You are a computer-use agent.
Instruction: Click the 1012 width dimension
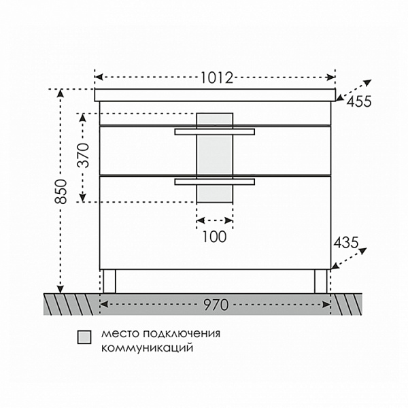point(218,78)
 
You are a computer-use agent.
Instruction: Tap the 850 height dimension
point(61,191)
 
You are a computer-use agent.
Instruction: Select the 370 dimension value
point(84,155)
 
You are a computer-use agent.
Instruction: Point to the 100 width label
point(214,237)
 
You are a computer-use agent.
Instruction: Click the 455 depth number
point(359,101)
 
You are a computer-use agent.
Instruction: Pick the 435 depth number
point(346,243)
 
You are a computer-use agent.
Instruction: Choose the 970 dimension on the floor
point(216,305)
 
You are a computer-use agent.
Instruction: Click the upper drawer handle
point(215,132)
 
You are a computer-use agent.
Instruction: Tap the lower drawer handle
point(215,182)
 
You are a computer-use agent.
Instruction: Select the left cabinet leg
point(109,282)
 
